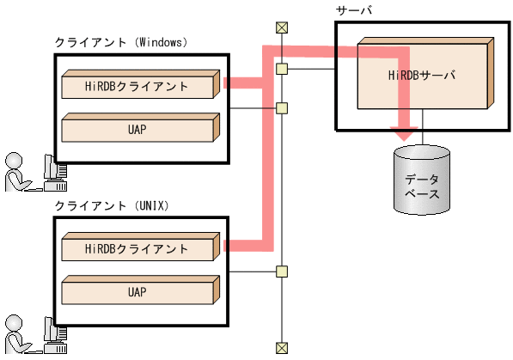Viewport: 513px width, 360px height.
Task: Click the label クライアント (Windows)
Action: pos(121,41)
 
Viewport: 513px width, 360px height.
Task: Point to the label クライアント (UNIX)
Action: pos(113,205)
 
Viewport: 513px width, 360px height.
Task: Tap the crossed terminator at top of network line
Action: pos(281,27)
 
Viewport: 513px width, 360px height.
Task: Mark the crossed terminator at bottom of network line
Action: pos(281,347)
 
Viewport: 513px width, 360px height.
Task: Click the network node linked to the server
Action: pos(281,68)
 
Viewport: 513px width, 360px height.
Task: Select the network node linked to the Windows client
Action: pos(281,108)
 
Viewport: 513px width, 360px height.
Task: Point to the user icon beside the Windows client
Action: pos(31,171)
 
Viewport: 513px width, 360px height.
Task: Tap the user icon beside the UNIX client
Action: pos(31,335)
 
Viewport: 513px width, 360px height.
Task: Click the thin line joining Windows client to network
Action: pos(253,108)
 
